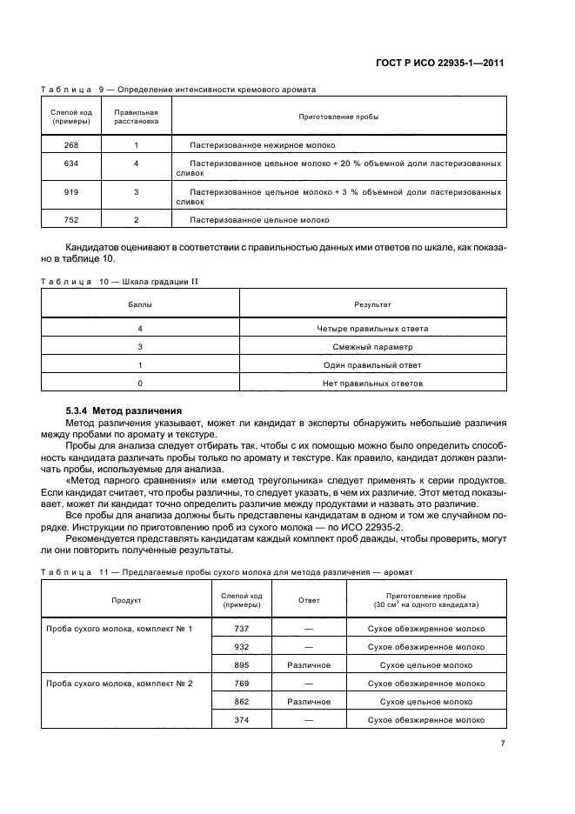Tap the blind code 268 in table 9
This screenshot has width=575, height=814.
(71, 145)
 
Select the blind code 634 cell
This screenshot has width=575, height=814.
(71, 163)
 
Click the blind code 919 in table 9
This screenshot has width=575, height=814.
(71, 191)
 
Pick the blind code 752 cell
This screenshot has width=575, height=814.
(71, 220)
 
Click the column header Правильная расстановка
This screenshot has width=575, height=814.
(137, 117)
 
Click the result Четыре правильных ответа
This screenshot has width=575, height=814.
(372, 329)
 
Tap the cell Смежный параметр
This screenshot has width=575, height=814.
(372, 347)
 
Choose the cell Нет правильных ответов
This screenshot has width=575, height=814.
(372, 383)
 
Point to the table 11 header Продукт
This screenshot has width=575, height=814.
(125, 600)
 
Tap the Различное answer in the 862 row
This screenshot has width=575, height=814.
(309, 701)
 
